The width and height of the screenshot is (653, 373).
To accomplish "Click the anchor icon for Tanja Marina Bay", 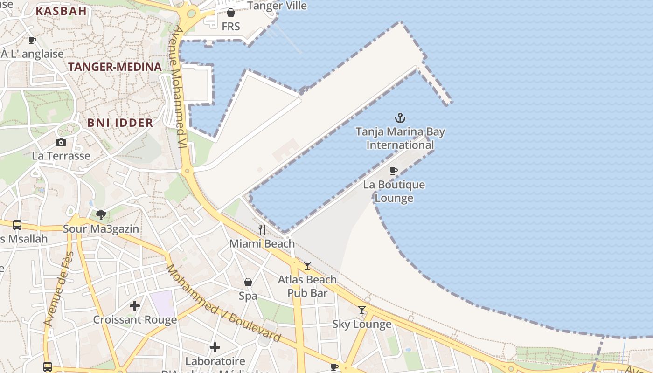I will pos(400,117).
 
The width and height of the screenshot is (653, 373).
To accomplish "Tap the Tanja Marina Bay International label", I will pos(400,138).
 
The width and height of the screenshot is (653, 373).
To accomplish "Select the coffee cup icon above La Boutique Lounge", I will pos(394,171).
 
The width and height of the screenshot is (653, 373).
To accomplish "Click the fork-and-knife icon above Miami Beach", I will pos(262,229).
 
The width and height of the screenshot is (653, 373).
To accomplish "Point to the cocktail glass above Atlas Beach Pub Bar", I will pos(307,266).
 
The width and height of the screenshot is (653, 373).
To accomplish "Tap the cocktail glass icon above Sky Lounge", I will pos(362,310).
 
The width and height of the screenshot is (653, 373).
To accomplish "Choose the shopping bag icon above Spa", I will pos(248,282).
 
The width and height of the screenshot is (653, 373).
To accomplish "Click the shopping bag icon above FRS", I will pos(230,13).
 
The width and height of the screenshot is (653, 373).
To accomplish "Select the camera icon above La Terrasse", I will pos(61,142).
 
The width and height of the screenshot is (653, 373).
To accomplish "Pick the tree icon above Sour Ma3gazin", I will pos(101,215).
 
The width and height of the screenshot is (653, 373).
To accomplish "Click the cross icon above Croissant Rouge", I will pos(135,306).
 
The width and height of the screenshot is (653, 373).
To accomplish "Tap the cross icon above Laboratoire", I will pos(215,347).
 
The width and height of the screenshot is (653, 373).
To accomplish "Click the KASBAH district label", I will pos(61,11).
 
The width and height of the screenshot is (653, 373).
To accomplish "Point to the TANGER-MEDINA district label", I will pos(115,67).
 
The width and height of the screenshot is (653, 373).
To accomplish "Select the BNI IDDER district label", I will pos(120,123).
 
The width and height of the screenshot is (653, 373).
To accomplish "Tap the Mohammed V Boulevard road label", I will pos(223,304).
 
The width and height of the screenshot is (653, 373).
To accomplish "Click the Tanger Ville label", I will pos(277,6).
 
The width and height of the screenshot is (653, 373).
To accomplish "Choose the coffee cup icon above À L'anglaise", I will pos(32,40).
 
